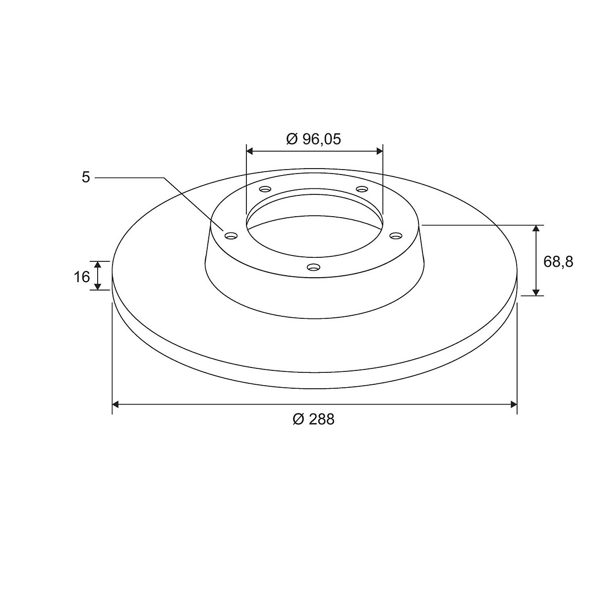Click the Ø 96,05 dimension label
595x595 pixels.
(x=313, y=139)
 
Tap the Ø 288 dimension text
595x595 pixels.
(x=313, y=419)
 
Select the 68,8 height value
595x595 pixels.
(x=558, y=262)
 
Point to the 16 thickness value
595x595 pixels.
(x=81, y=277)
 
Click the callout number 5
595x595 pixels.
(x=85, y=178)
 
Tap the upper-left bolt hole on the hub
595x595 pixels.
(x=265, y=188)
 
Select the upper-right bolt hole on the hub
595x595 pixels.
(x=362, y=188)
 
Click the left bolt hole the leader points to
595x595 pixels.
(x=231, y=236)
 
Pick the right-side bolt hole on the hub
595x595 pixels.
(x=396, y=236)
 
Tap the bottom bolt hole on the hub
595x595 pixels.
(x=313, y=266)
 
